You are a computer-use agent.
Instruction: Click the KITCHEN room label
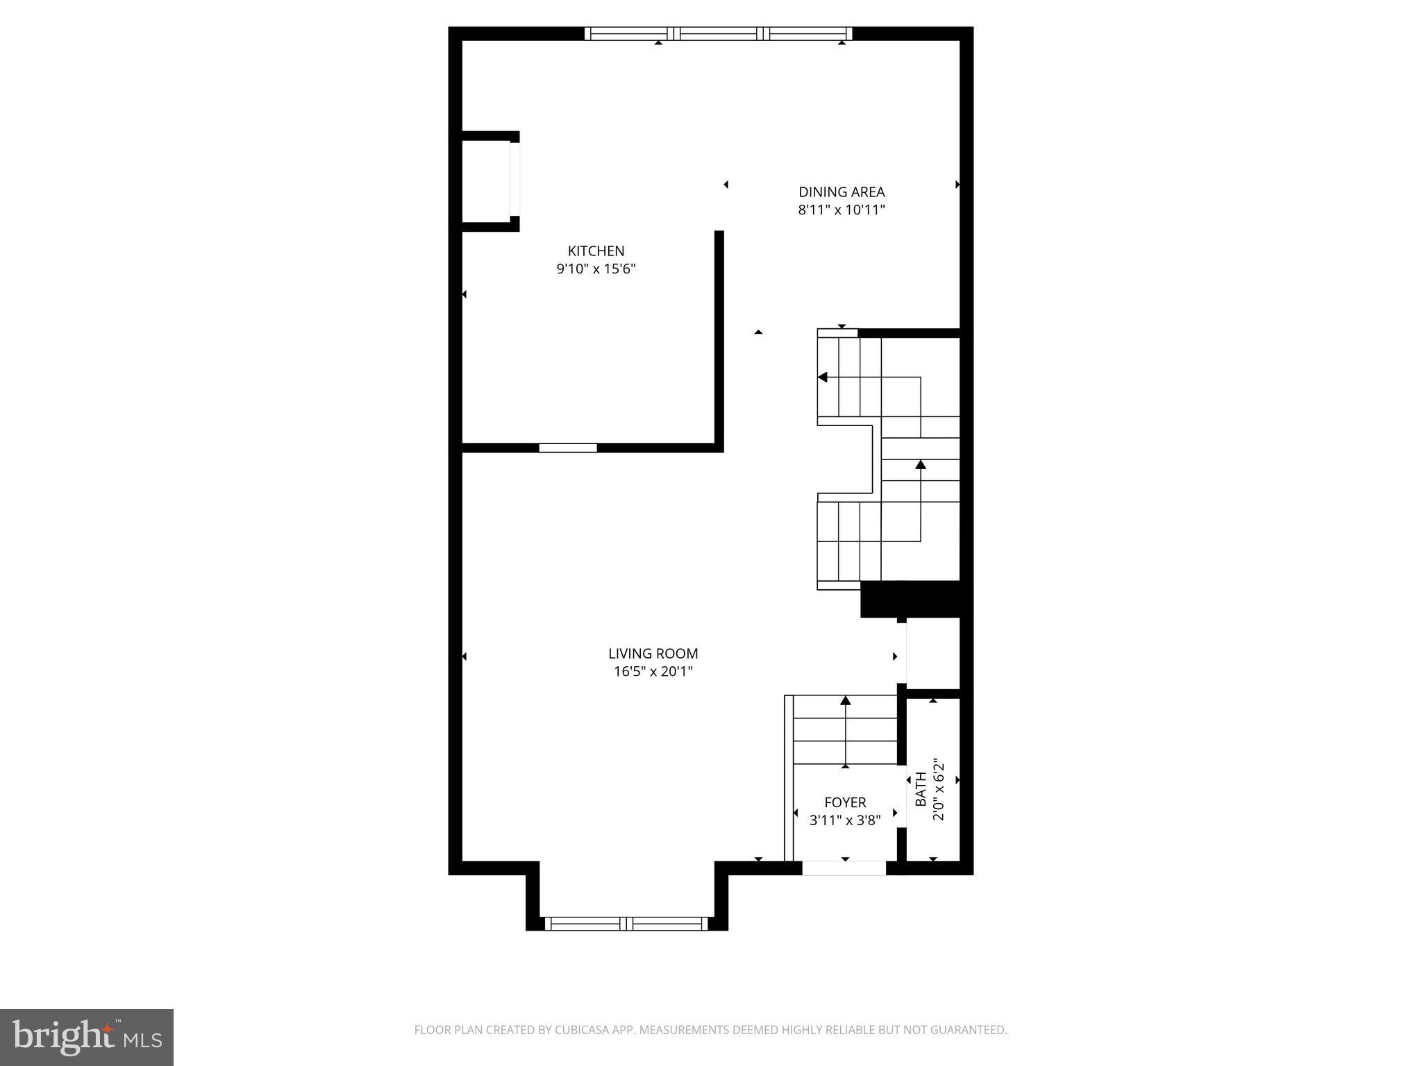point(596,251)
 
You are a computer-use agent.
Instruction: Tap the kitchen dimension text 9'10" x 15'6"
point(596,269)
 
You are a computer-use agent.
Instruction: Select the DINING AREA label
point(841,192)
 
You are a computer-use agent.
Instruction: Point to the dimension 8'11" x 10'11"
point(841,210)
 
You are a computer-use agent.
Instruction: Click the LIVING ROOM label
point(653,654)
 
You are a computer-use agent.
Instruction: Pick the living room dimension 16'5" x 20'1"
point(653,671)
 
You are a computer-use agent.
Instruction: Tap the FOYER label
point(845,803)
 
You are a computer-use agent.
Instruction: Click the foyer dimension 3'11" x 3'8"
point(845,820)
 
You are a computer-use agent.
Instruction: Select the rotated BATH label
point(921,789)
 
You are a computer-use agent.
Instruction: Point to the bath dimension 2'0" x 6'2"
point(939,789)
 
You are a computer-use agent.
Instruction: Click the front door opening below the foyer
point(844,868)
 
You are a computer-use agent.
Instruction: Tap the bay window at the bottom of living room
point(626,923)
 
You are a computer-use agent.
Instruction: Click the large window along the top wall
point(718,33)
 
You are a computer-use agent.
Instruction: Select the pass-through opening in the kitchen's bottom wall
point(568,448)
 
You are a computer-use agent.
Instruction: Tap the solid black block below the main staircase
point(910,599)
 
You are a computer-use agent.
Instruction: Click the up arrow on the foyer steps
point(845,701)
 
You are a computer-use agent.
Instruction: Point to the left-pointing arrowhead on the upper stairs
point(823,378)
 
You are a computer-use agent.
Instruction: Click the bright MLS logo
point(87,1038)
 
